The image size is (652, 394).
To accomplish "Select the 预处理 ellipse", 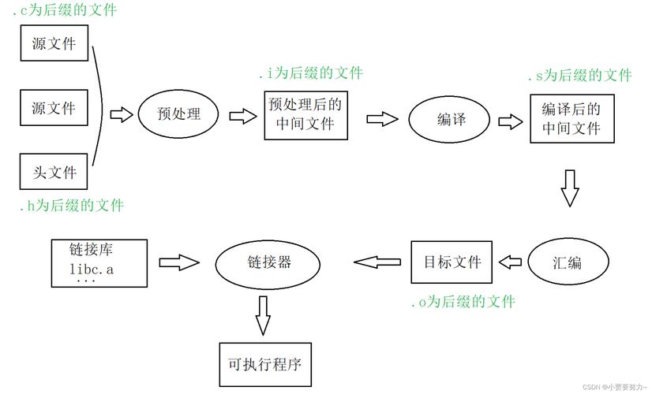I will click(x=178, y=114).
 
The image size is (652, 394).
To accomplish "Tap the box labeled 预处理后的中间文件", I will click(x=305, y=114).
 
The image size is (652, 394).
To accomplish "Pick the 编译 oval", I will click(x=452, y=119).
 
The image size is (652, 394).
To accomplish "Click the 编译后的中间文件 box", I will click(x=571, y=119).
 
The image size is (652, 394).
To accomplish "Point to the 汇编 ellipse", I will click(x=568, y=262).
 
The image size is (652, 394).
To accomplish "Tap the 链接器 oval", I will click(x=269, y=263).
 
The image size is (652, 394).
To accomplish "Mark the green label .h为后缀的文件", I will click(x=71, y=206).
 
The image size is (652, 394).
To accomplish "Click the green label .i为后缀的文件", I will click(x=310, y=73).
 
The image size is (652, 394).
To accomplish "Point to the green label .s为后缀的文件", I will click(x=580, y=76).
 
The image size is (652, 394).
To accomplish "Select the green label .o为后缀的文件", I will click(x=463, y=302).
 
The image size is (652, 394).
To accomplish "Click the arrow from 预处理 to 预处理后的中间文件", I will click(x=242, y=116).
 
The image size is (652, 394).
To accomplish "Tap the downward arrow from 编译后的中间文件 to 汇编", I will click(x=570, y=187).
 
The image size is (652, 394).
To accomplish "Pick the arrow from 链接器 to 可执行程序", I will click(x=263, y=314).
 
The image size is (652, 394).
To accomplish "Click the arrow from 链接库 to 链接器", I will click(x=179, y=262).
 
